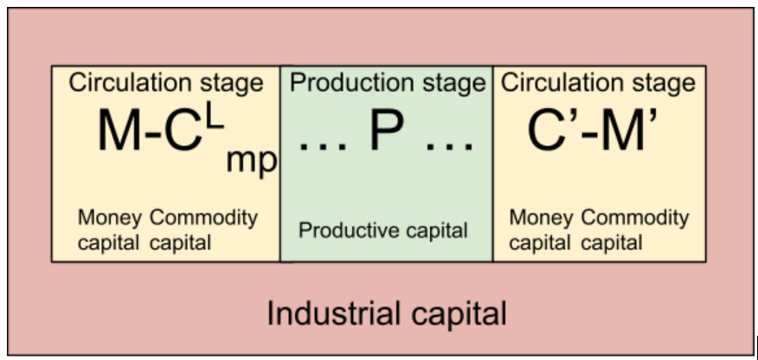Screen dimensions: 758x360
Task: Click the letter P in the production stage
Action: [x=387, y=132]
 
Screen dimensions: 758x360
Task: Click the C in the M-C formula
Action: [x=183, y=132]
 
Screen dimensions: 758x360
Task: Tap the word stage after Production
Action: [x=446, y=84]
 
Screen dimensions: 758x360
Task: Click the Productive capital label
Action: [x=383, y=230]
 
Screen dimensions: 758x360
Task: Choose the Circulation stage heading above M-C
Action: [x=165, y=83]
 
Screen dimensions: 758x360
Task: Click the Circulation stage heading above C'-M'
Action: [x=598, y=83]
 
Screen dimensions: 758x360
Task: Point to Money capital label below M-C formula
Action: [x=109, y=230]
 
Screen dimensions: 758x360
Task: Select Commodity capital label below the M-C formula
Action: [x=202, y=230]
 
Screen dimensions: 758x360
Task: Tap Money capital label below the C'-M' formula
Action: [x=541, y=230]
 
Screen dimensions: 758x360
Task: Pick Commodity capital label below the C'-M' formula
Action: [x=634, y=230]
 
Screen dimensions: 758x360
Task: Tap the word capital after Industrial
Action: [x=454, y=314]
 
